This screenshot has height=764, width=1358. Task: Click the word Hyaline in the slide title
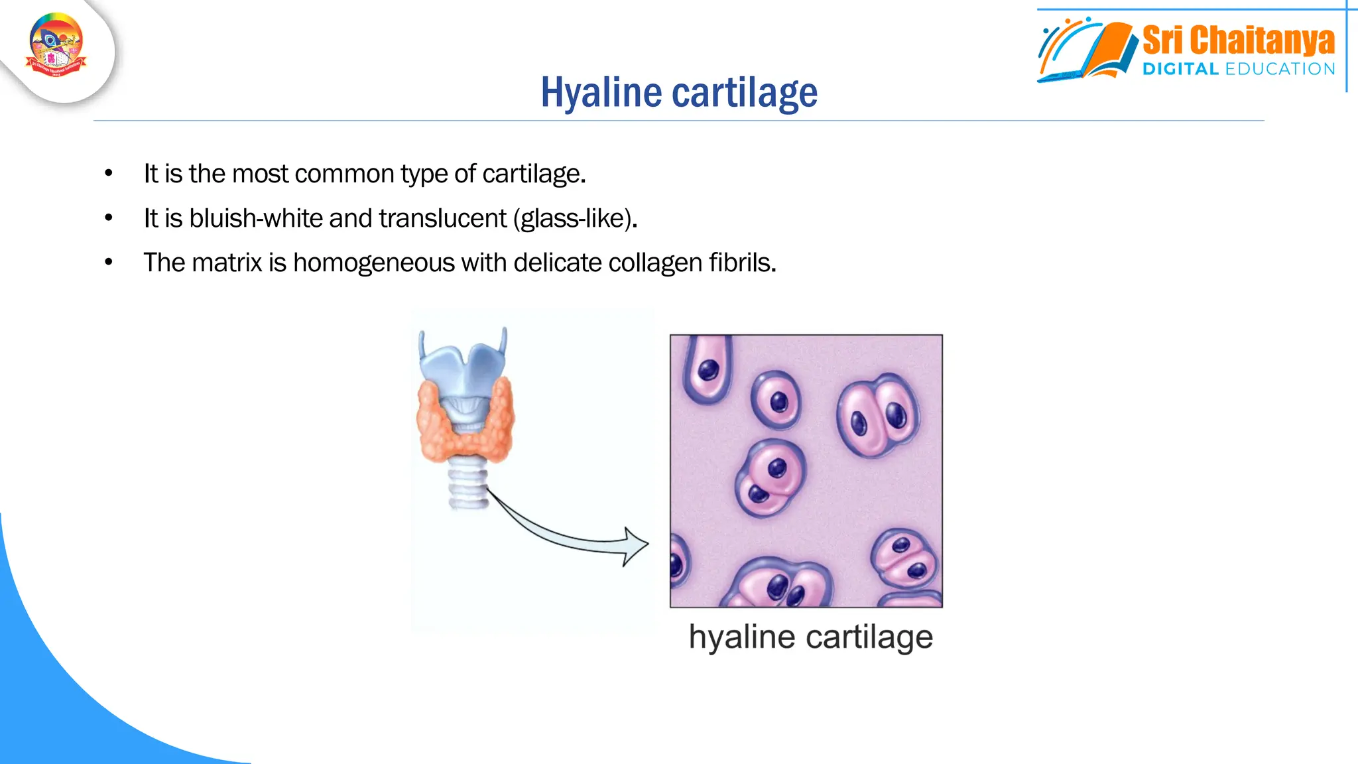[601, 92]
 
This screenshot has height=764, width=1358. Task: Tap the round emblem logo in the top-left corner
[56, 45]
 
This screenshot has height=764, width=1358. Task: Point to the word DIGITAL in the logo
[1180, 69]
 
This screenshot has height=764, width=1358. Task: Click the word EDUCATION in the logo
[1280, 69]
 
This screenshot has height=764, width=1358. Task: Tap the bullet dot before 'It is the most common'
[109, 174]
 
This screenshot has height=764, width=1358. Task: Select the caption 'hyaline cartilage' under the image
[810, 637]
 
